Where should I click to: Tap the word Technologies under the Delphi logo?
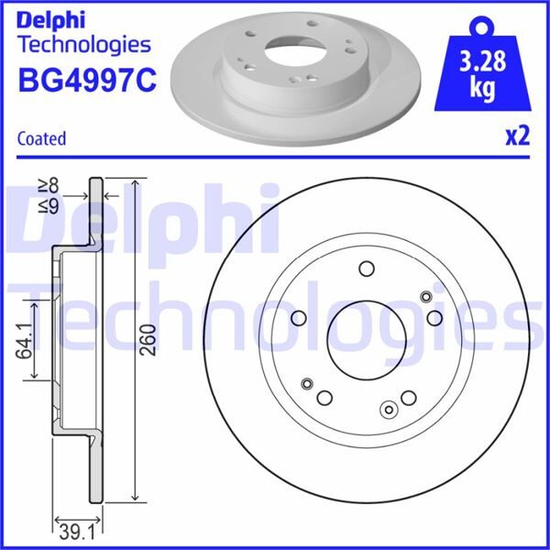pyautogui.click(x=83, y=44)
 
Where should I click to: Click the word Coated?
pyautogui.click(x=41, y=138)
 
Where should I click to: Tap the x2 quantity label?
pyautogui.click(x=517, y=137)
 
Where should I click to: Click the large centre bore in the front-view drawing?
pyautogui.click(x=367, y=338)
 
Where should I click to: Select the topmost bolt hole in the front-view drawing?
pyautogui.click(x=367, y=269)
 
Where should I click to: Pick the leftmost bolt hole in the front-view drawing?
pyautogui.click(x=300, y=317)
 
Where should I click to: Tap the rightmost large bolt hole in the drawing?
pyautogui.click(x=435, y=317)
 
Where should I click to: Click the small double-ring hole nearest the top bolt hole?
pyautogui.click(x=424, y=296)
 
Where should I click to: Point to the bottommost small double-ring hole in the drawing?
pyautogui.click(x=389, y=410)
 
